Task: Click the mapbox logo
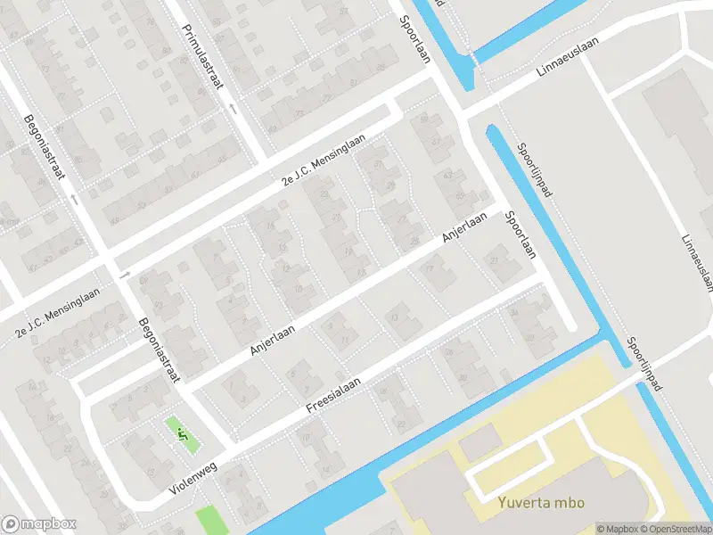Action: click(38, 524)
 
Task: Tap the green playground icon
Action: click(182, 435)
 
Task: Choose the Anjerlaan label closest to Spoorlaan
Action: click(465, 229)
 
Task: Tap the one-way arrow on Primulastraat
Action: click(233, 109)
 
